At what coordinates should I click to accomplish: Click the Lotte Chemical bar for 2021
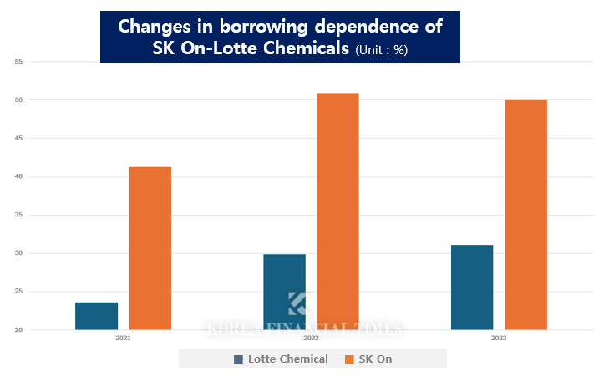click(96, 316)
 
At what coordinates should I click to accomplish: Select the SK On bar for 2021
click(150, 248)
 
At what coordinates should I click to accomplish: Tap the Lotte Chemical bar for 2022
click(284, 292)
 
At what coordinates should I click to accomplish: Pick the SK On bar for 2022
click(337, 211)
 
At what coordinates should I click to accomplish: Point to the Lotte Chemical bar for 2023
click(472, 287)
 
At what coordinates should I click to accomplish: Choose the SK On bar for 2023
click(525, 215)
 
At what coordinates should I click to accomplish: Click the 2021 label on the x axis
click(124, 339)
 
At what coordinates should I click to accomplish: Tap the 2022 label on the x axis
click(311, 339)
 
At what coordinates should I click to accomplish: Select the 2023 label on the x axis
click(499, 339)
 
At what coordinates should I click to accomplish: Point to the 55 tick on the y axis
click(18, 62)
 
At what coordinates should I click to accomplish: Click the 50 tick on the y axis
click(18, 100)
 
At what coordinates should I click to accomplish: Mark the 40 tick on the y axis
click(18, 176)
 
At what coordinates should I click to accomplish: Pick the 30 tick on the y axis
click(18, 253)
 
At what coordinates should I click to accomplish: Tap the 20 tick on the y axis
click(18, 330)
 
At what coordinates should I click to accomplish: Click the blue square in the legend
click(238, 359)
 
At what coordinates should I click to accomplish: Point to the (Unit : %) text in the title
click(381, 50)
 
